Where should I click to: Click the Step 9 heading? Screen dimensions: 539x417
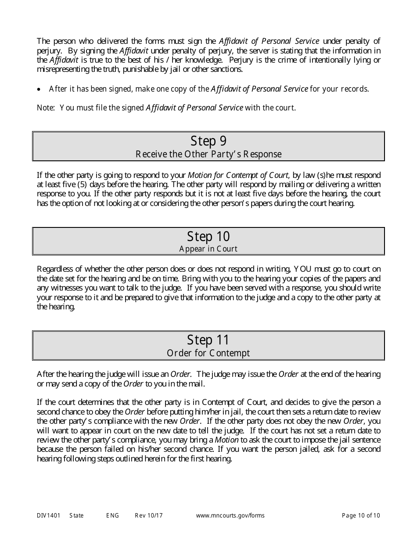[x=208, y=141]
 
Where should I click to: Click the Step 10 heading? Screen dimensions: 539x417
[x=208, y=237]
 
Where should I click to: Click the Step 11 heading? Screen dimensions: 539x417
[x=208, y=340]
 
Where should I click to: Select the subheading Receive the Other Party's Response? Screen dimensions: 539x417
[x=208, y=154]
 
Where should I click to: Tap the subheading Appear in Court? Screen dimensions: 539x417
[x=208, y=249]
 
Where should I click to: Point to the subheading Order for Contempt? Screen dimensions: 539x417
[x=208, y=353]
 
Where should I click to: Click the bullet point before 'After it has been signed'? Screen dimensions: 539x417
[x=40, y=89]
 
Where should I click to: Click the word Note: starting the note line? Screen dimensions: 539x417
[x=46, y=108]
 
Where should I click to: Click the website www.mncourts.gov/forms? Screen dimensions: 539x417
[x=230, y=515]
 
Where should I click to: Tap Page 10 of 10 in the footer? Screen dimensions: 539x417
[x=361, y=515]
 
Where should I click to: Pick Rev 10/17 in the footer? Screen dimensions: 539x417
[x=148, y=515]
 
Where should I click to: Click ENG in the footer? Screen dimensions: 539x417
[x=112, y=515]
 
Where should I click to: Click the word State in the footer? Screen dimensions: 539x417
[x=76, y=515]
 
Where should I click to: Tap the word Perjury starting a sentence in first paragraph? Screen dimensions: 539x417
[x=241, y=60]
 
